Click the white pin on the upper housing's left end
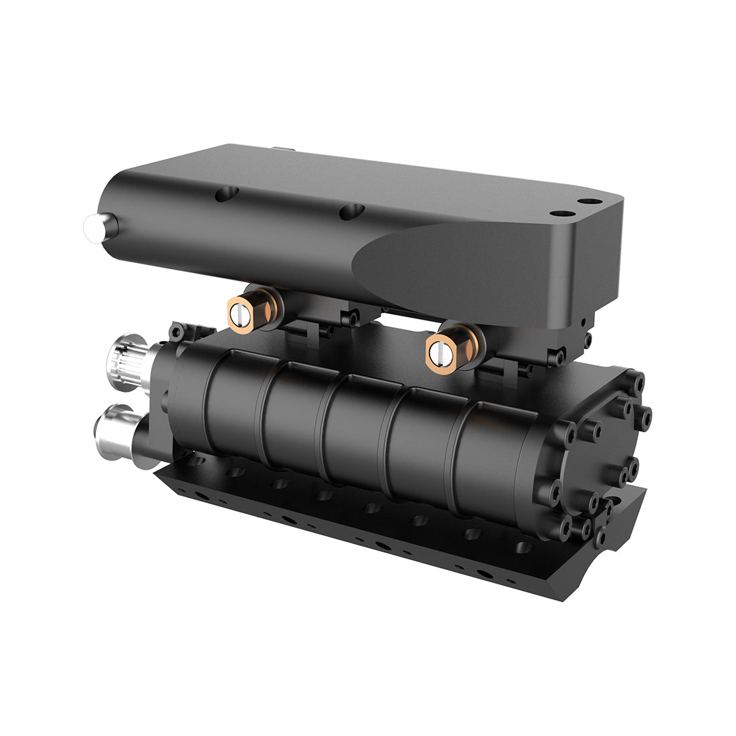pyautogui.click(x=90, y=225)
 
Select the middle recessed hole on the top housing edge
pyautogui.click(x=349, y=213)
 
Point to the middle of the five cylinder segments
pyautogui.click(x=358, y=428)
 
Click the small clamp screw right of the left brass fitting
pyautogui.click(x=347, y=319)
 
